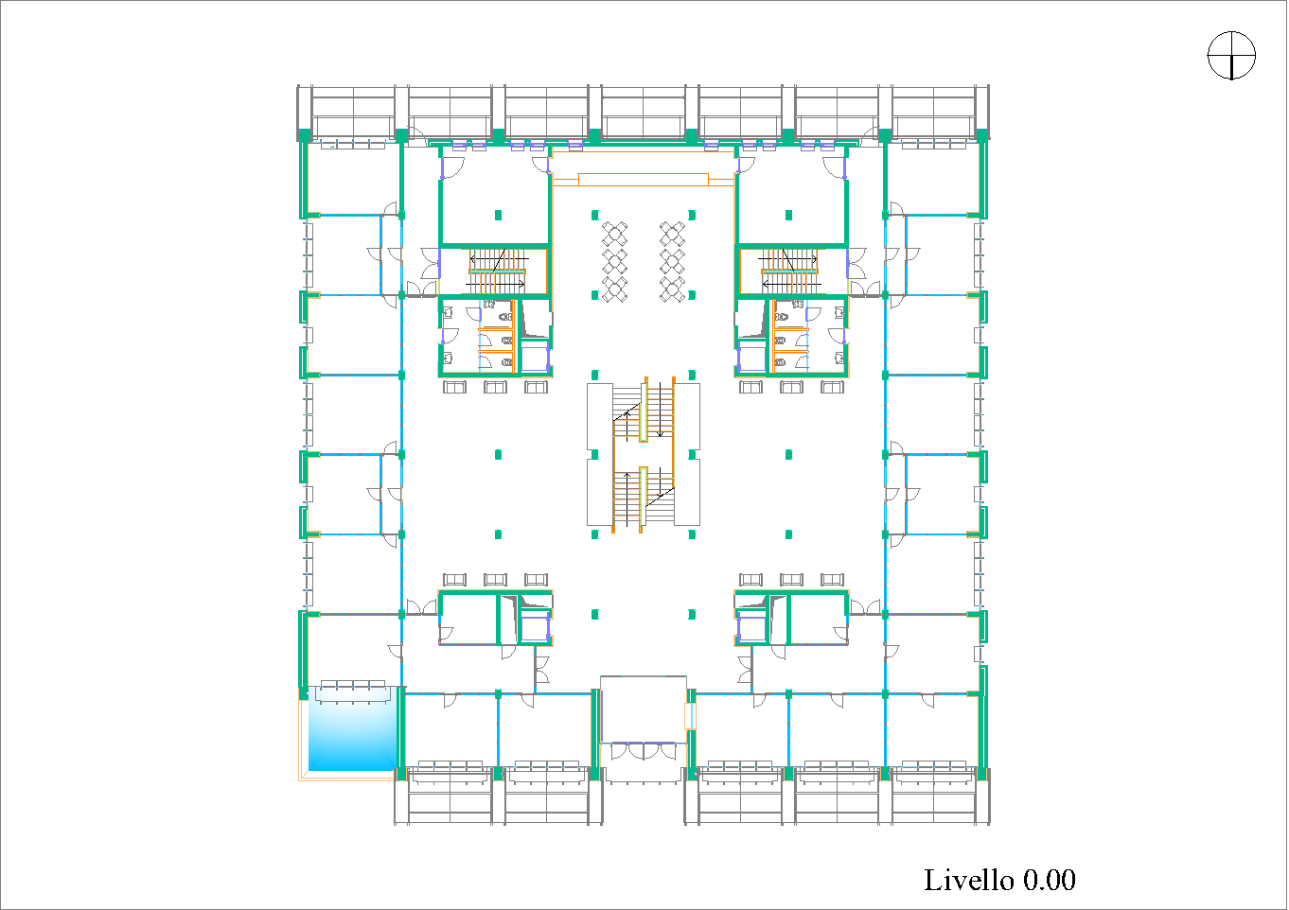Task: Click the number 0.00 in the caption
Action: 1049,880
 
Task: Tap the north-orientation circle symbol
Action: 1231,55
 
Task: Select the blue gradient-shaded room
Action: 353,728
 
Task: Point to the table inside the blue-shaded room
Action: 353,692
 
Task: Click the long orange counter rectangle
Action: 643,180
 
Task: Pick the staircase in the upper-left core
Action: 498,271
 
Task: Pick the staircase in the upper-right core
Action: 790,271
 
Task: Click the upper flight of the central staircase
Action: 644,410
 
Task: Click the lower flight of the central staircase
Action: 644,499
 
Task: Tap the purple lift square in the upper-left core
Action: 535,357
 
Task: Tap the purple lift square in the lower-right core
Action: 751,627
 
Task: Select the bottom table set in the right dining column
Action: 672,289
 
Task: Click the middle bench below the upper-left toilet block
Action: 495,387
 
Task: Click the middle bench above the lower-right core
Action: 791,579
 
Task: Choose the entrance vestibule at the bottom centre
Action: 644,709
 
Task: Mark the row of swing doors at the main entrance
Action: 644,751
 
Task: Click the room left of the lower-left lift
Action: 468,619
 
